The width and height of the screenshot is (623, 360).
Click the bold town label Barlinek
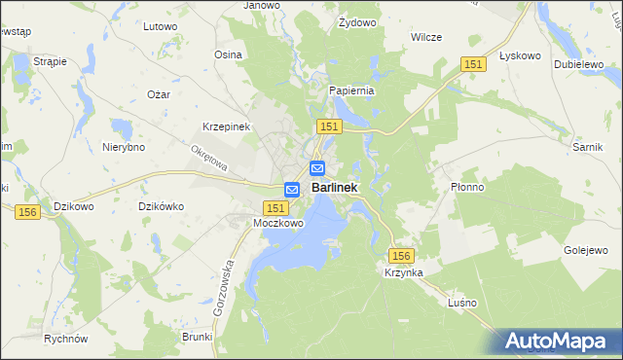click(x=334, y=188)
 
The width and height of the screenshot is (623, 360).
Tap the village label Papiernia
click(x=351, y=90)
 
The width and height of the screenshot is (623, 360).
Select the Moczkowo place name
click(x=278, y=223)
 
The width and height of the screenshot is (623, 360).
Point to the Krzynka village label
click(x=403, y=273)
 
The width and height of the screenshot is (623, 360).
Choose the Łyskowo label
click(x=519, y=55)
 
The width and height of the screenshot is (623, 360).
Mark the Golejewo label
click(x=585, y=250)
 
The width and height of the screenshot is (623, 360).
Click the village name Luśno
click(x=461, y=303)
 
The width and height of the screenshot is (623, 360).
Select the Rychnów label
click(x=66, y=339)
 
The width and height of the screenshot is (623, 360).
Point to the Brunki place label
click(x=197, y=337)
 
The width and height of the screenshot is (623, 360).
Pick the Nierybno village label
click(x=124, y=147)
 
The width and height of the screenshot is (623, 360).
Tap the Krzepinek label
click(x=227, y=127)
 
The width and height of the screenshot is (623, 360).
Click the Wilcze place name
click(x=426, y=37)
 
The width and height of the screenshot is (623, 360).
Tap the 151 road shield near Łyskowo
click(x=473, y=63)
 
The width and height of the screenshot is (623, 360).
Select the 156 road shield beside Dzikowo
click(x=27, y=211)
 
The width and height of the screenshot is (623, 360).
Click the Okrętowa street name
click(x=208, y=159)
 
